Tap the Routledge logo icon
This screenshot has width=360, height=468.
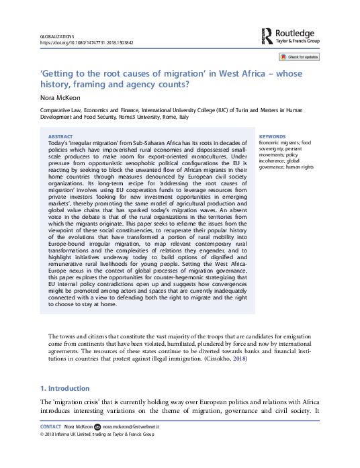(267, 36)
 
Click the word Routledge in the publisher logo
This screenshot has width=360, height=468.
(296, 32)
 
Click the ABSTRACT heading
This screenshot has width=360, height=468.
(61, 135)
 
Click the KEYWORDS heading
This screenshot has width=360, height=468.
(272, 136)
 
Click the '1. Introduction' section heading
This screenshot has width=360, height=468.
(64, 388)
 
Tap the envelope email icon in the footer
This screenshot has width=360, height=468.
(97, 426)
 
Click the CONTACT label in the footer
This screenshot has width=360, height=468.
(51, 426)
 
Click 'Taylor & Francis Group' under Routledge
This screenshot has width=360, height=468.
(298, 41)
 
